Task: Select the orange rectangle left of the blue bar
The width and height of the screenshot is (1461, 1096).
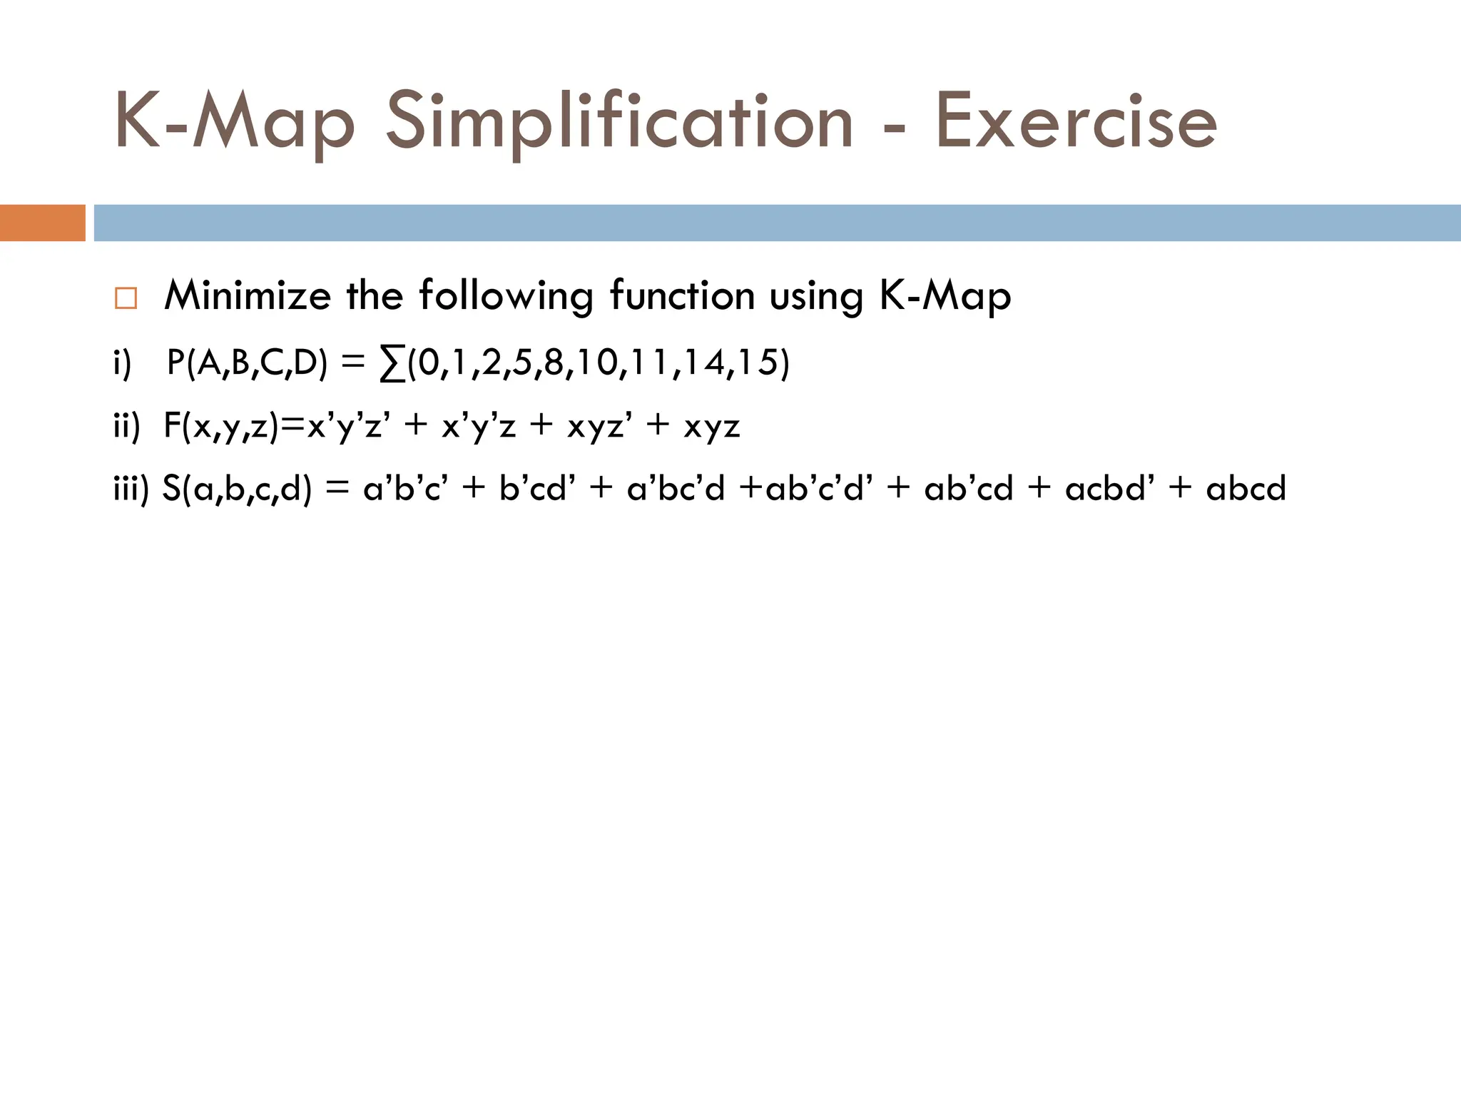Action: tap(42, 223)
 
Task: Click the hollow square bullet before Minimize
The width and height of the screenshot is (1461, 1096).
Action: tap(126, 298)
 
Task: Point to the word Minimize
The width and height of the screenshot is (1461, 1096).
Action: tap(248, 295)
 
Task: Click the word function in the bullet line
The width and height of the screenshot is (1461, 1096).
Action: tap(682, 295)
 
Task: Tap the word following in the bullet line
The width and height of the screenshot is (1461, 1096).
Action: tap(506, 295)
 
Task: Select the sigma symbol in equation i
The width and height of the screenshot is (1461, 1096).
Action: tap(391, 364)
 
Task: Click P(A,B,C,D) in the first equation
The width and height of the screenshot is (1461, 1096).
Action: tap(247, 363)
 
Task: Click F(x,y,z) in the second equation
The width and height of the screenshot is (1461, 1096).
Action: tap(220, 427)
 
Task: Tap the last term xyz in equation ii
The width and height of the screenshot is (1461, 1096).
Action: tap(711, 427)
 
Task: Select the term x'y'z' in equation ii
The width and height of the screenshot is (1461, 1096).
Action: tap(348, 427)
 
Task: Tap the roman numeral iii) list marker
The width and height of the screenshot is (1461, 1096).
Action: tap(131, 489)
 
